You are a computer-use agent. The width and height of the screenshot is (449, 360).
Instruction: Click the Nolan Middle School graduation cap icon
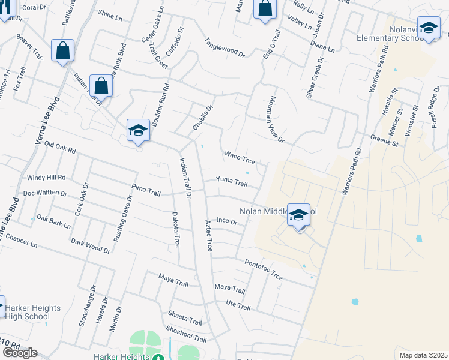(x=298, y=214)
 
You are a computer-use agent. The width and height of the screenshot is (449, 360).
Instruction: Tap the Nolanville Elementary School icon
(x=429, y=28)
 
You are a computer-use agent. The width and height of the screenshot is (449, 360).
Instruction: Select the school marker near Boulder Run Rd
(x=138, y=130)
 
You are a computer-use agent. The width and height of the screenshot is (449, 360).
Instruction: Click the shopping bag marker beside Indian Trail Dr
(x=101, y=86)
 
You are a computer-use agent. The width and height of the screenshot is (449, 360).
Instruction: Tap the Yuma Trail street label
(x=232, y=181)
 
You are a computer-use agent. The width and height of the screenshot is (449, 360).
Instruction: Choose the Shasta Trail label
(x=185, y=318)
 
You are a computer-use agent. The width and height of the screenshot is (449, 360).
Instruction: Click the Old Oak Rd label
(x=61, y=148)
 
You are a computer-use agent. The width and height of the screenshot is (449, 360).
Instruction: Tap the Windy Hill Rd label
(x=46, y=178)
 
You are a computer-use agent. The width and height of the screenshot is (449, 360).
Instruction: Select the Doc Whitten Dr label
(x=45, y=193)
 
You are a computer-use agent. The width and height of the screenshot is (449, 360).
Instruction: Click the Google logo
(x=20, y=352)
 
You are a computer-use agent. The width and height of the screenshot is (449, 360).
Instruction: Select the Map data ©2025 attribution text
(x=423, y=355)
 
